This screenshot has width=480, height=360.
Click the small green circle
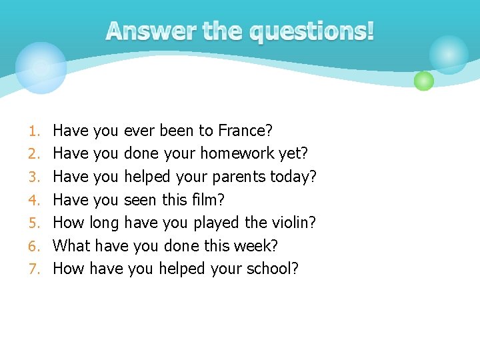tap(424, 81)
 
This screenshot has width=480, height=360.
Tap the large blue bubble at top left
tap(41, 67)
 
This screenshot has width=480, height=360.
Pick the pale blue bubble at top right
tap(449, 54)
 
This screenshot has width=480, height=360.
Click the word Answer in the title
tap(143, 31)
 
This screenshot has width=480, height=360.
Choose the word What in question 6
tap(71, 246)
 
